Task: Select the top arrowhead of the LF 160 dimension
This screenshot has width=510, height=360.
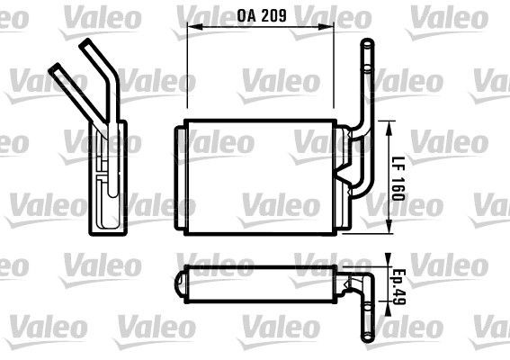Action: tap(389, 121)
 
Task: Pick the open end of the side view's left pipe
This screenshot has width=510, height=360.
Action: tap(57, 67)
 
